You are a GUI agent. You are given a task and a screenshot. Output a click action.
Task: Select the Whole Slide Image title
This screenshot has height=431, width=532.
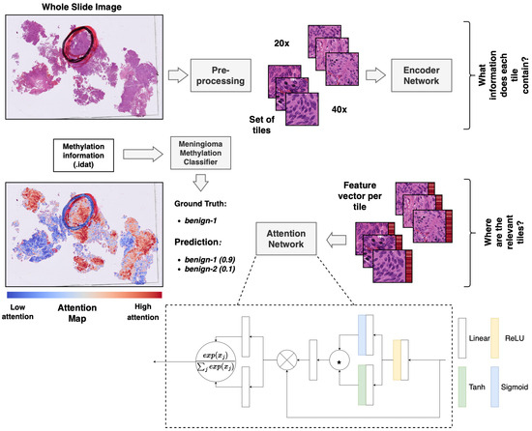click(x=77, y=8)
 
